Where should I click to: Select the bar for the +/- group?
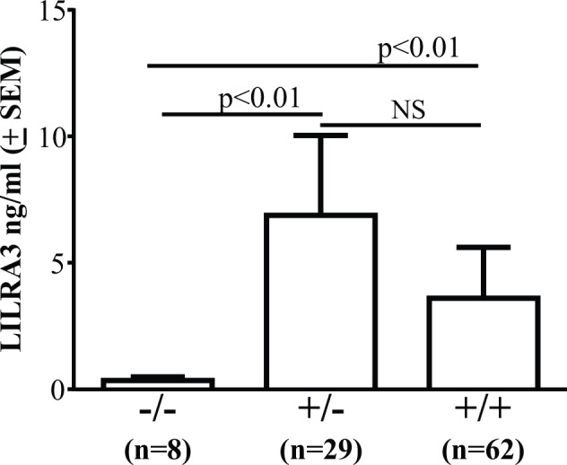(320, 302)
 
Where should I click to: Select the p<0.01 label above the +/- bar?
(258, 96)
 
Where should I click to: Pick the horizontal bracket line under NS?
(401, 125)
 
